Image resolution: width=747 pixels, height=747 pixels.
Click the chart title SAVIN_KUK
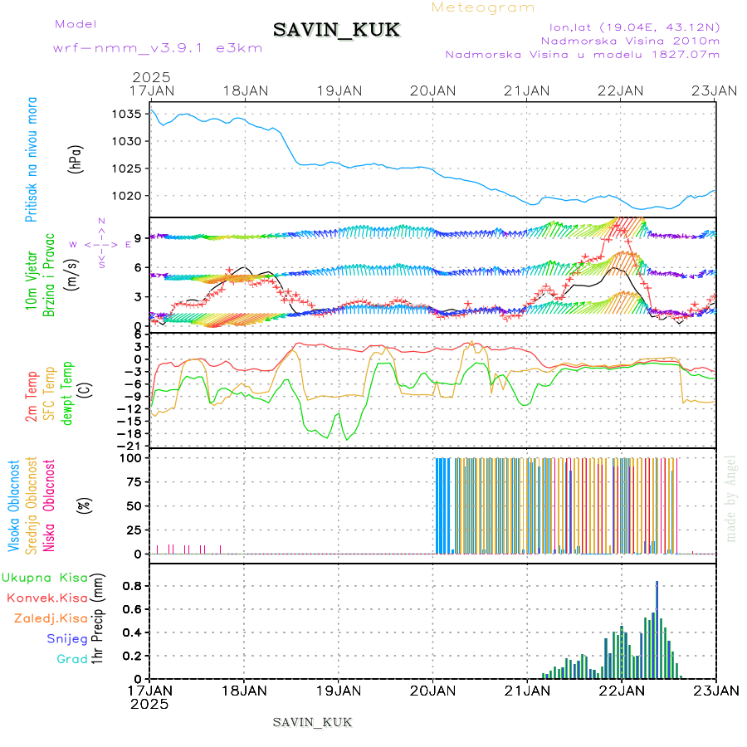click(336, 31)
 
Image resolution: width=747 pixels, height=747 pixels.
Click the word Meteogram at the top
click(483, 7)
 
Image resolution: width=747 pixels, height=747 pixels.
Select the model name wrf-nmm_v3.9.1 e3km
click(158, 48)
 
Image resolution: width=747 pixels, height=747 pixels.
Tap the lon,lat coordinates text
click(629, 27)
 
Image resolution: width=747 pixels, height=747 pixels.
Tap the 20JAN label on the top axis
click(433, 90)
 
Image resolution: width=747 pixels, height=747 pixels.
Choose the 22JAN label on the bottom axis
click(622, 691)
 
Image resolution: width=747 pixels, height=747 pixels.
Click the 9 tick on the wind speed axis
click(139, 237)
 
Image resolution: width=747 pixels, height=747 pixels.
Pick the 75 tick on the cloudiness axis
click(134, 481)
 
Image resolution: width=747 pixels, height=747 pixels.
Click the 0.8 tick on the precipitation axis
click(133, 586)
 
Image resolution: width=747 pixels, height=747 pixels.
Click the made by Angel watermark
click(731, 498)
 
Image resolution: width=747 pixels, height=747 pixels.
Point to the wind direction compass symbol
click(100, 244)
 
